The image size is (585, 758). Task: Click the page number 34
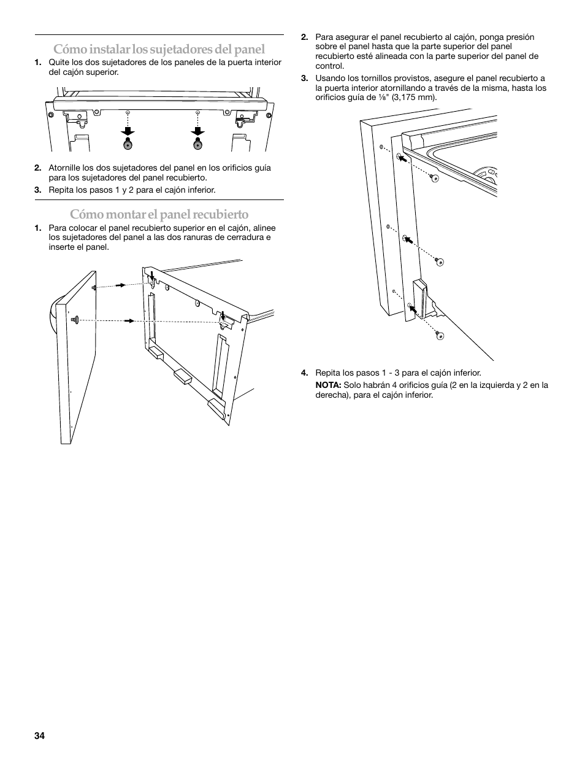(40, 736)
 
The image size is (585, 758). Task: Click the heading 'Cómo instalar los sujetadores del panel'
(159, 49)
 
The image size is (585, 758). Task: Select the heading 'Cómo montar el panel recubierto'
(159, 214)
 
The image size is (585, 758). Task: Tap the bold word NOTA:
(328, 385)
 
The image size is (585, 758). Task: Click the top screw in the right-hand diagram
(434, 177)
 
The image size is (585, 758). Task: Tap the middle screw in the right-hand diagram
(439, 261)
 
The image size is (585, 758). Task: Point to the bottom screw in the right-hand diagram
(439, 335)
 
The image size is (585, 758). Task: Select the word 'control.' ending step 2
(330, 66)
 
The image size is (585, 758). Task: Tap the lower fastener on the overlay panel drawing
(75, 320)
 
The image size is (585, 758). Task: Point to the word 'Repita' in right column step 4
(327, 373)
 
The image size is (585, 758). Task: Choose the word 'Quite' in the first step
(59, 62)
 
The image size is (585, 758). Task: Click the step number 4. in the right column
(304, 373)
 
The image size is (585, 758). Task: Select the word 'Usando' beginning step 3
(330, 78)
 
